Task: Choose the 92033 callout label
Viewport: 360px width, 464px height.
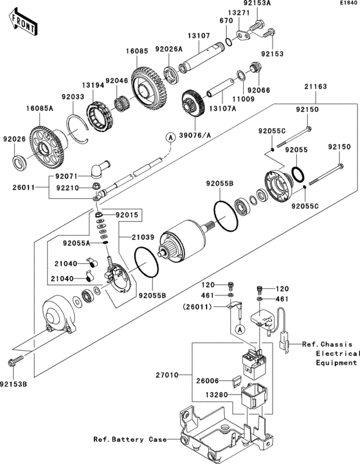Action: coord(73,97)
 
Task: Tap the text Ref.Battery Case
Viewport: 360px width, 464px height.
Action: coord(124,440)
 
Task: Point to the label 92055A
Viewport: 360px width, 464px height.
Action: coord(76,243)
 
